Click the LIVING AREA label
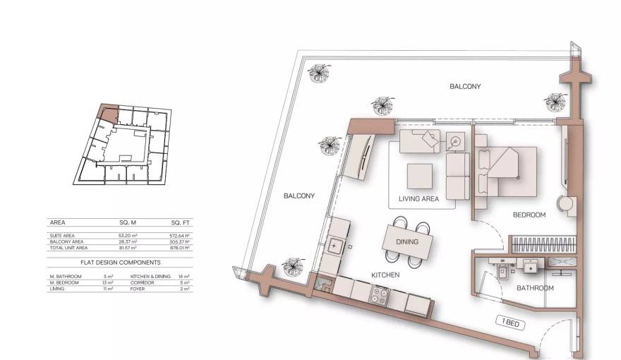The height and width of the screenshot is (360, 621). point(418,199)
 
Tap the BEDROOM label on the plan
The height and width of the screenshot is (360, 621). point(529,215)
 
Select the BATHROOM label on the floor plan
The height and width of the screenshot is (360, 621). point(535,288)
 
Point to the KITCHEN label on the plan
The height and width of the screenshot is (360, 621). point(385,275)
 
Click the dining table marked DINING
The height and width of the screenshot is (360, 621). point(406,241)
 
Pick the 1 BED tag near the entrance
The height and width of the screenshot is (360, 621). point(512,323)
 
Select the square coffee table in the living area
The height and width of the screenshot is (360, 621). point(419,174)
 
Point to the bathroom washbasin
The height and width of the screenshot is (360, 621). point(529,265)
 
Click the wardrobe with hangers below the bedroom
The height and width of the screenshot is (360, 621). point(543,244)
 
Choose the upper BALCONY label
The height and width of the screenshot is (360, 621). point(465,87)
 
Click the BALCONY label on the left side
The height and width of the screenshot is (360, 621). point(299,196)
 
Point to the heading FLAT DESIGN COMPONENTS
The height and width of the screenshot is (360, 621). point(120,262)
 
